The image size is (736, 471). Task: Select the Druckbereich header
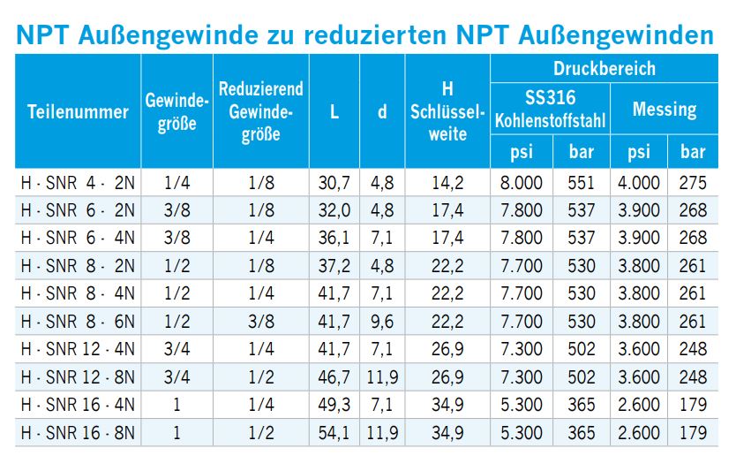pyautogui.click(x=604, y=68)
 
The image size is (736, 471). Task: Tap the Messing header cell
pyautogui.click(x=664, y=109)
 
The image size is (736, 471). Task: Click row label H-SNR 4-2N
pyautogui.click(x=78, y=183)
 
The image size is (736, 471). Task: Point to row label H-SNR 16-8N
pyautogui.click(x=78, y=433)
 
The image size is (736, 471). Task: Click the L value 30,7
pyautogui.click(x=334, y=183)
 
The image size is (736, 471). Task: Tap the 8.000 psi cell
pyautogui.click(x=522, y=183)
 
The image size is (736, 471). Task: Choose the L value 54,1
pyautogui.click(x=334, y=433)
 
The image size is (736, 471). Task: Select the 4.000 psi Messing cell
pyautogui.click(x=639, y=183)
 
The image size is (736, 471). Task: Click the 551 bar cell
pyautogui.click(x=581, y=183)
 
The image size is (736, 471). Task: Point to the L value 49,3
pyautogui.click(x=334, y=406)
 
